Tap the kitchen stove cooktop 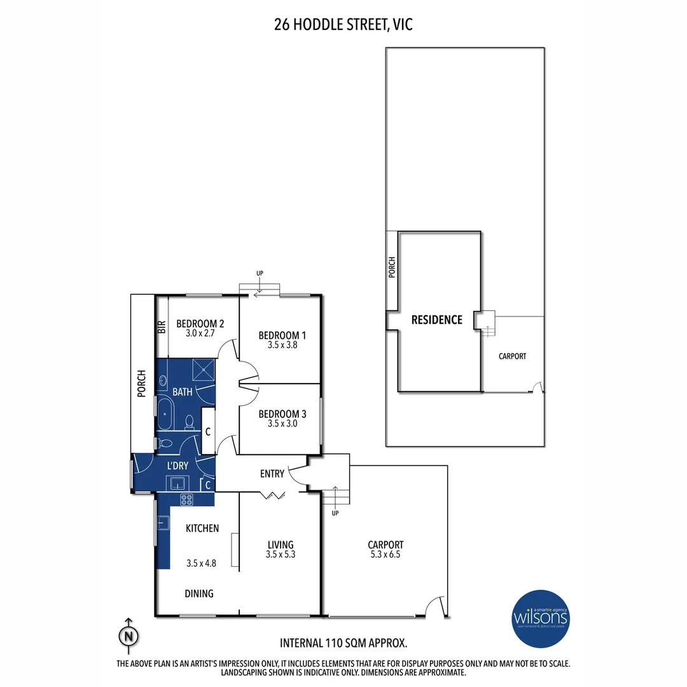pyautogui.click(x=186, y=499)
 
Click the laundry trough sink pyautogui.click(x=176, y=482)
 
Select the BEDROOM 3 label pyautogui.click(x=282, y=413)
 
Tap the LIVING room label pyautogui.click(x=280, y=545)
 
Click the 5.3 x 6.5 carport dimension pyautogui.click(x=385, y=555)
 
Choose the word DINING pyautogui.click(x=199, y=593)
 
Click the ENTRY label pyautogui.click(x=272, y=474)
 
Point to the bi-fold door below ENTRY pyautogui.click(x=275, y=495)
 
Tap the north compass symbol pyautogui.click(x=129, y=635)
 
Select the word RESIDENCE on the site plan pyautogui.click(x=436, y=319)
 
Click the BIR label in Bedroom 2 pyautogui.click(x=162, y=327)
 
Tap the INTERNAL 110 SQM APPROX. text pyautogui.click(x=343, y=642)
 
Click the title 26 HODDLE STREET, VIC pyautogui.click(x=343, y=25)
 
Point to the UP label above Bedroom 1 pyautogui.click(x=260, y=274)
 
